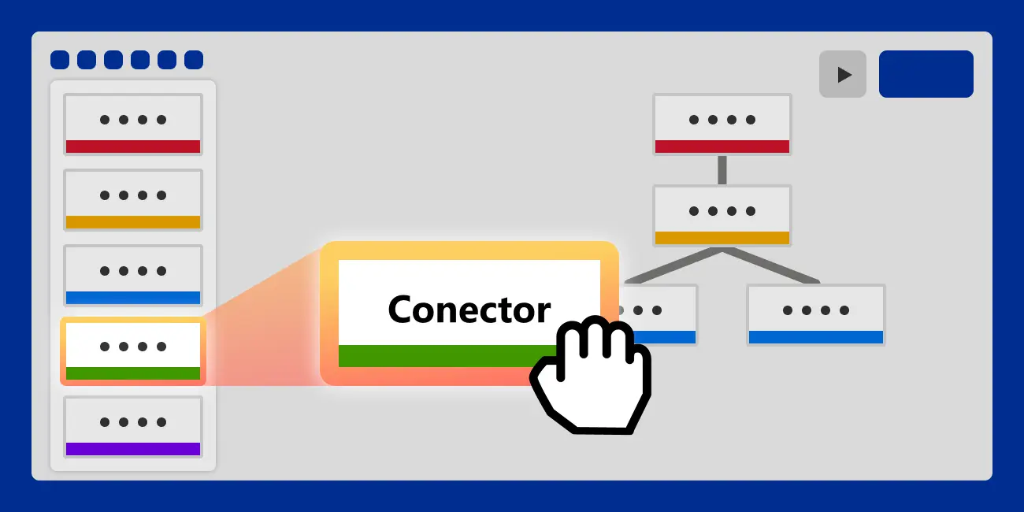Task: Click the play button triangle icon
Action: click(844, 75)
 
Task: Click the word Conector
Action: click(469, 310)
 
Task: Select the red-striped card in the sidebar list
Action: click(133, 124)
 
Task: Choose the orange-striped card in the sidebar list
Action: click(133, 199)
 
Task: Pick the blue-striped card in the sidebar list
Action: click(133, 275)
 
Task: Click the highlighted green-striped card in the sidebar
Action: click(133, 351)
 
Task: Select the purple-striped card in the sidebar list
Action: click(133, 426)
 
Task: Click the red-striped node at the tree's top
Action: click(722, 124)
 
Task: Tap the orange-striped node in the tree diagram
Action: click(722, 215)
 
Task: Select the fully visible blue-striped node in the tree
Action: click(816, 314)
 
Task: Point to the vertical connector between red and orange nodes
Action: click(722, 170)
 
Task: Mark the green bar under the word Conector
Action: click(441, 356)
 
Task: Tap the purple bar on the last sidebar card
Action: click(133, 449)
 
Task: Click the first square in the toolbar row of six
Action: click(60, 60)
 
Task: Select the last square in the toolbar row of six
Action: click(194, 60)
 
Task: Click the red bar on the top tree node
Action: click(722, 147)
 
